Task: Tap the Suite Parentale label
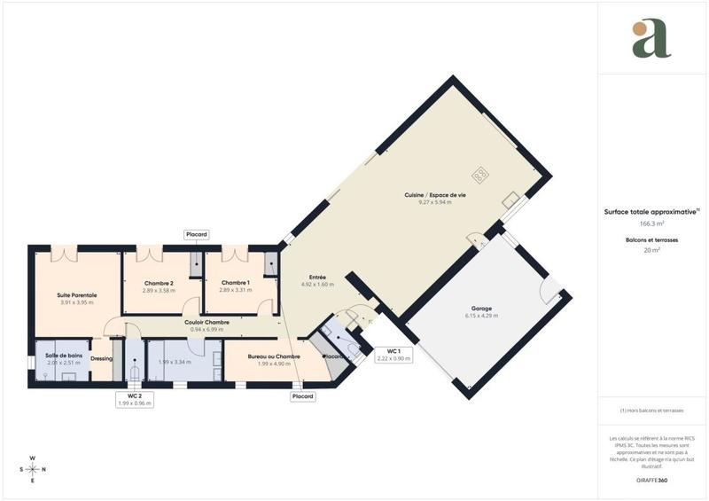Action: pos(71,294)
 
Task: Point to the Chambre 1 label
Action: pos(236,283)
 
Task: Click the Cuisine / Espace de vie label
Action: pos(435,195)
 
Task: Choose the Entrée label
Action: pos(317,278)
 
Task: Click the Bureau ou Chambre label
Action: pos(261,356)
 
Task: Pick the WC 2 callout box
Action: pos(135,399)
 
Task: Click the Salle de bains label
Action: pos(64,356)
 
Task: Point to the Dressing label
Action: pos(101,358)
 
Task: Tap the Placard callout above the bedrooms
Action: pos(197,234)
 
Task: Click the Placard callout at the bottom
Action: pos(303,396)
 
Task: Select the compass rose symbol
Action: pos(33,469)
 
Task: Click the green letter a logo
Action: pos(651,40)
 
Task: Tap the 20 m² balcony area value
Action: pos(651,250)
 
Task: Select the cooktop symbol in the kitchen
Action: pos(481,175)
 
